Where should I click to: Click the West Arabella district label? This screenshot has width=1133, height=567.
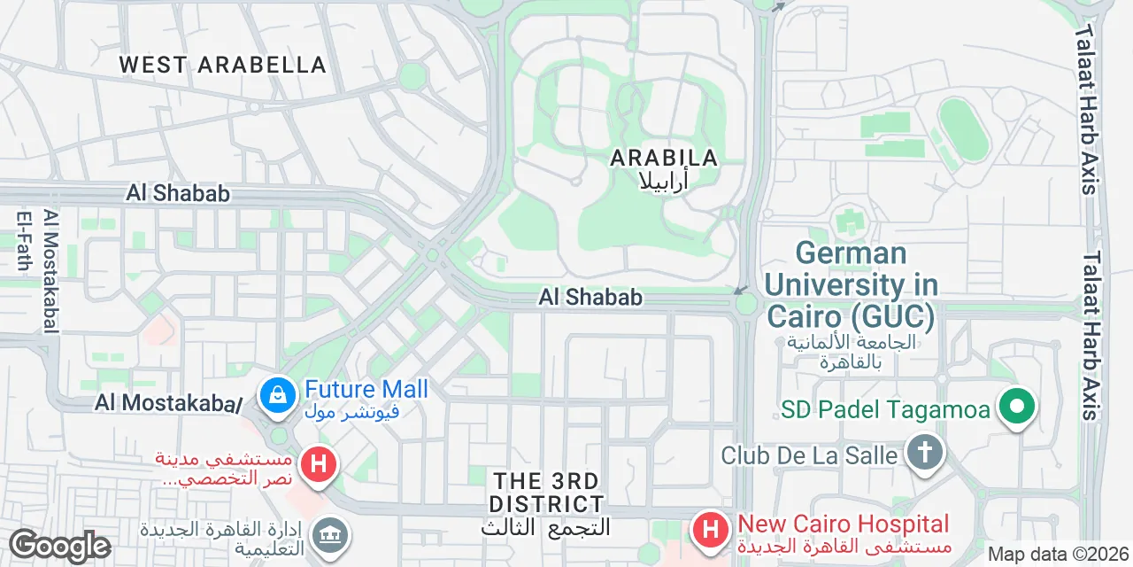[x=223, y=65]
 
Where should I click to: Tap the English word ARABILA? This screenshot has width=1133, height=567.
[x=664, y=159]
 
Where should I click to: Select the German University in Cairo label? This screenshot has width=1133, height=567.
[x=851, y=284]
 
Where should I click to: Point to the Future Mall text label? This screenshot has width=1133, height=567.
[x=366, y=389]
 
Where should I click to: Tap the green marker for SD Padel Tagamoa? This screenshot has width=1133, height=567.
[x=1017, y=408]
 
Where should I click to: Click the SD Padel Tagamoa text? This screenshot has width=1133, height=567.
[x=887, y=409]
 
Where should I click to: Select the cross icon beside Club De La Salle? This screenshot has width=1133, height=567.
[x=923, y=454]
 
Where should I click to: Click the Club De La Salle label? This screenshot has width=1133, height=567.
[x=809, y=455]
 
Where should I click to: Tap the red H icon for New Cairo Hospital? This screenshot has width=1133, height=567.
[x=710, y=530]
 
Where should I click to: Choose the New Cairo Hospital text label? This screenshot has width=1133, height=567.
[x=843, y=524]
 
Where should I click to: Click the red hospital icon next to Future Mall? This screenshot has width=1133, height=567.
[x=319, y=463]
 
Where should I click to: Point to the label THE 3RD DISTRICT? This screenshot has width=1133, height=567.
[x=547, y=493]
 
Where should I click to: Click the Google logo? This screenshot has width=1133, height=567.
[x=59, y=546]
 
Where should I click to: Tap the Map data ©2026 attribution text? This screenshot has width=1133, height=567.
[x=1059, y=555]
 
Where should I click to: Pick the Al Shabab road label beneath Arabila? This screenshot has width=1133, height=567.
[x=590, y=298]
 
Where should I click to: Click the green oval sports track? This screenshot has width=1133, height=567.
[x=963, y=129]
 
